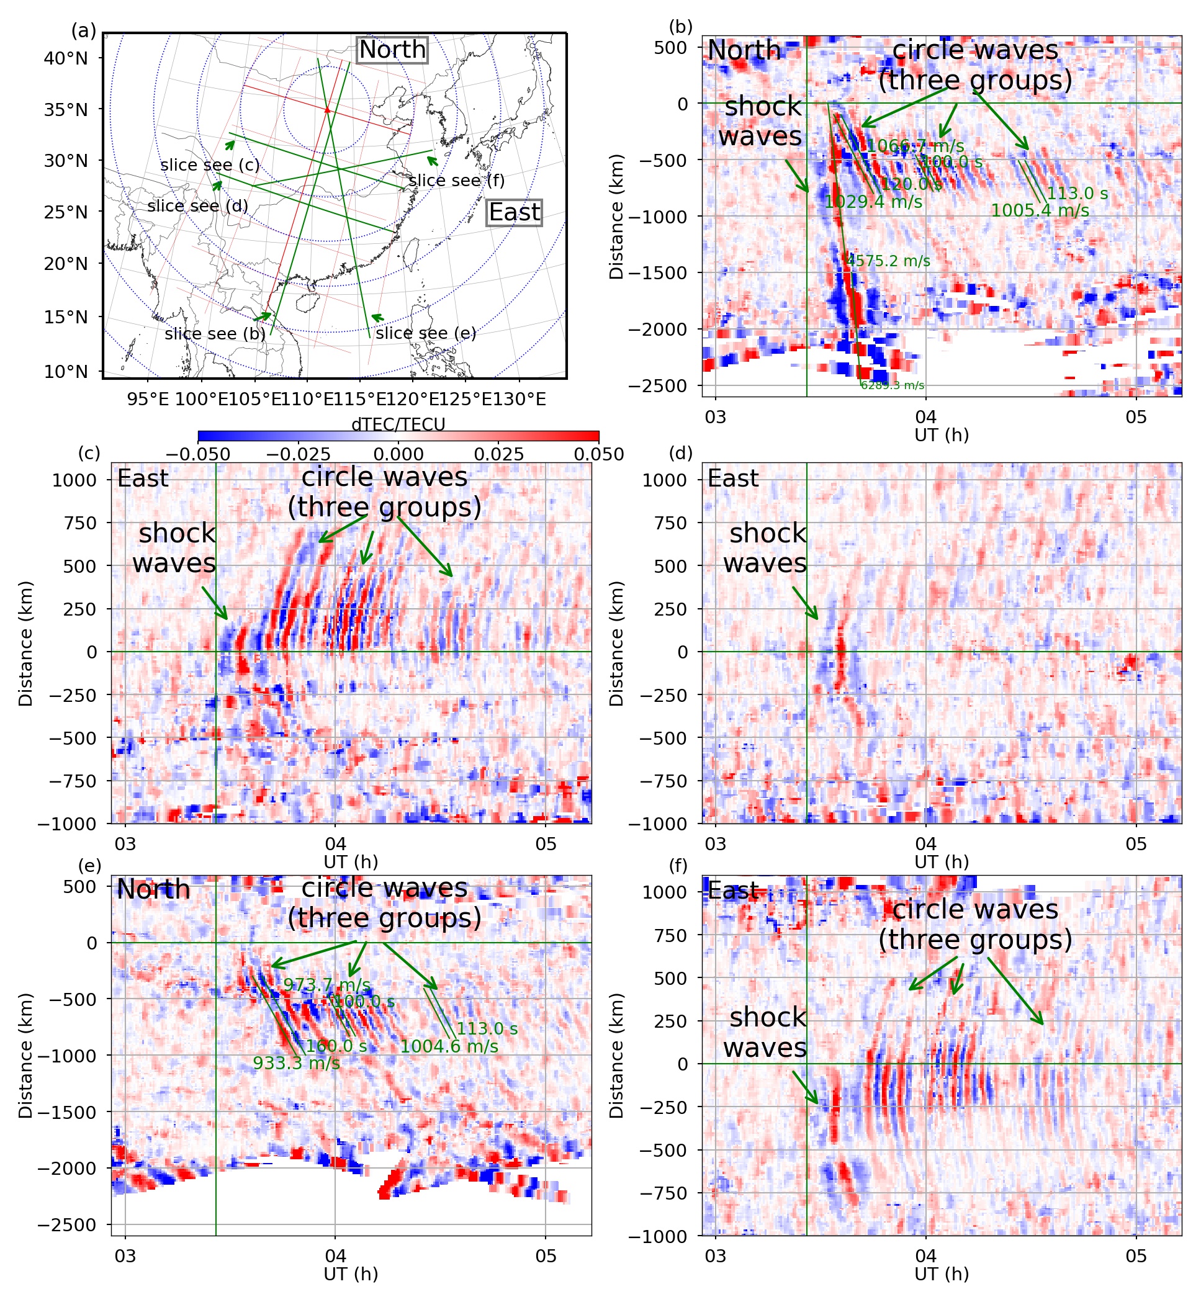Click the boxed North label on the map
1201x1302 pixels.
[392, 50]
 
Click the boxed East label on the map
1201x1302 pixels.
[514, 212]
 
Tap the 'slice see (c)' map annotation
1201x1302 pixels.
[210, 165]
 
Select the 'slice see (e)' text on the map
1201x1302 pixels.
[426, 333]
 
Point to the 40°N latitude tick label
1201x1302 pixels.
[66, 58]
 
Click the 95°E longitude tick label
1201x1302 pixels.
[148, 400]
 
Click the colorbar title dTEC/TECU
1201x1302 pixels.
[398, 424]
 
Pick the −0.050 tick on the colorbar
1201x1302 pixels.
[197, 454]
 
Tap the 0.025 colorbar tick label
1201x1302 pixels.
[498, 454]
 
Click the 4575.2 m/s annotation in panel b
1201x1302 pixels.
[888, 261]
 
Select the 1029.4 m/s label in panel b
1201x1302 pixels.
[873, 202]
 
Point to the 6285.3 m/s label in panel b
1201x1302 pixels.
[893, 385]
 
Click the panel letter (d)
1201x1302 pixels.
[680, 453]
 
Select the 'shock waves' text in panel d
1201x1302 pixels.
[765, 548]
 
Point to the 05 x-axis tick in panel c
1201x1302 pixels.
[546, 843]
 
